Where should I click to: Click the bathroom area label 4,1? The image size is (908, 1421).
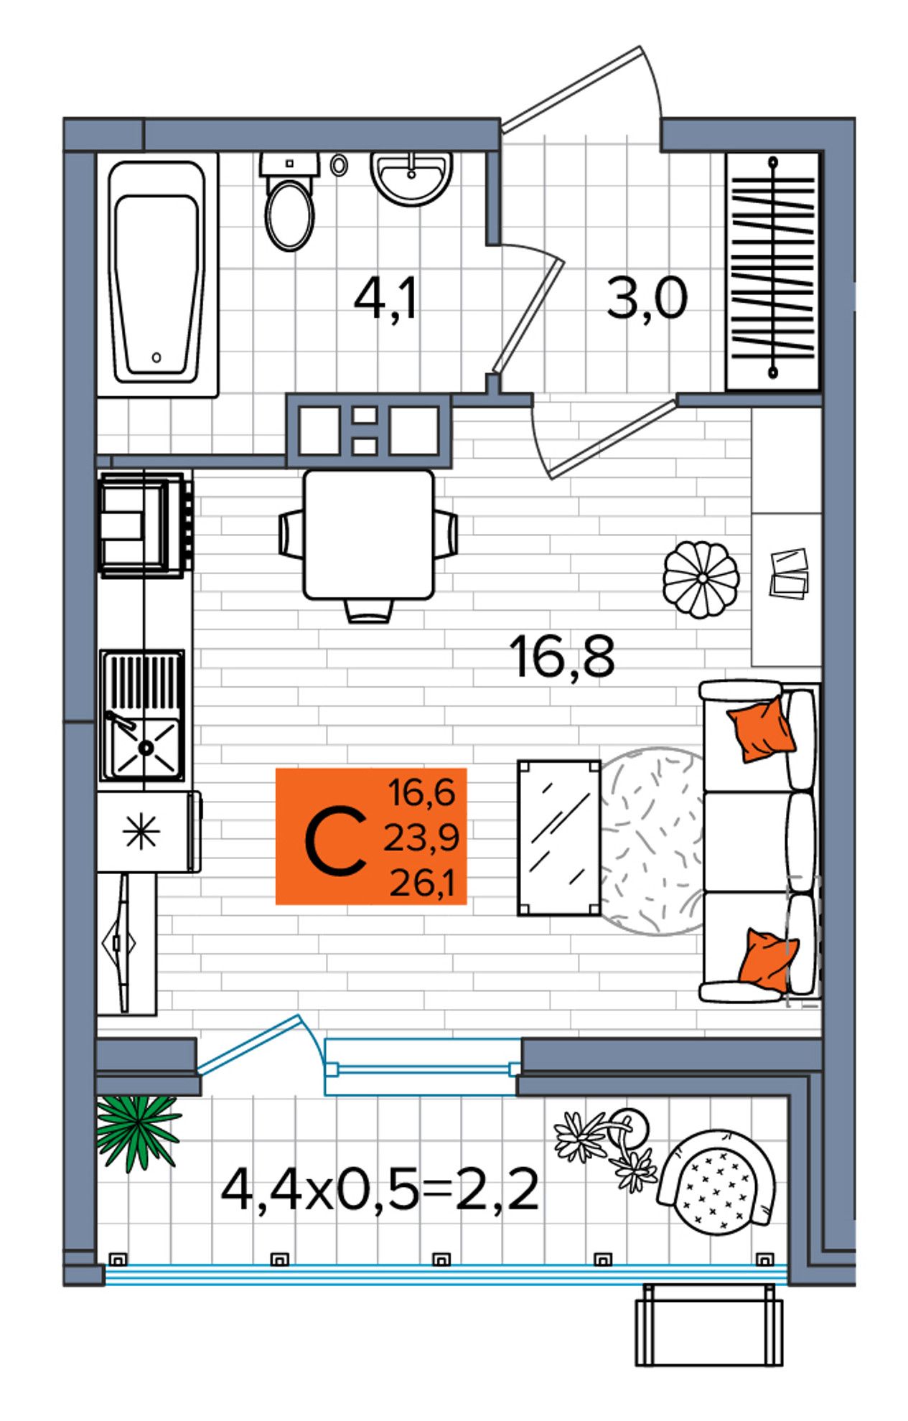pos(385,299)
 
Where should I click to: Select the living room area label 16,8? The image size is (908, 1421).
pos(562,657)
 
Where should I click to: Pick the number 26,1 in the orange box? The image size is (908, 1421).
pos(422,883)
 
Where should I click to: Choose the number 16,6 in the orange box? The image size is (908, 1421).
pos(422,793)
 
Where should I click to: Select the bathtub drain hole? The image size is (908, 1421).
pos(157,357)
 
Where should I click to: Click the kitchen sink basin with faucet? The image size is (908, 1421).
pos(143,747)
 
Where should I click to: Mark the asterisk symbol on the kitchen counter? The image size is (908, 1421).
pos(141,832)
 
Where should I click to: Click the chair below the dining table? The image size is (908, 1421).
pos(369,611)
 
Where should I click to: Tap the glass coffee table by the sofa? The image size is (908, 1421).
pos(559,838)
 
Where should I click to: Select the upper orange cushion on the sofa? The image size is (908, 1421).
pos(761,728)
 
